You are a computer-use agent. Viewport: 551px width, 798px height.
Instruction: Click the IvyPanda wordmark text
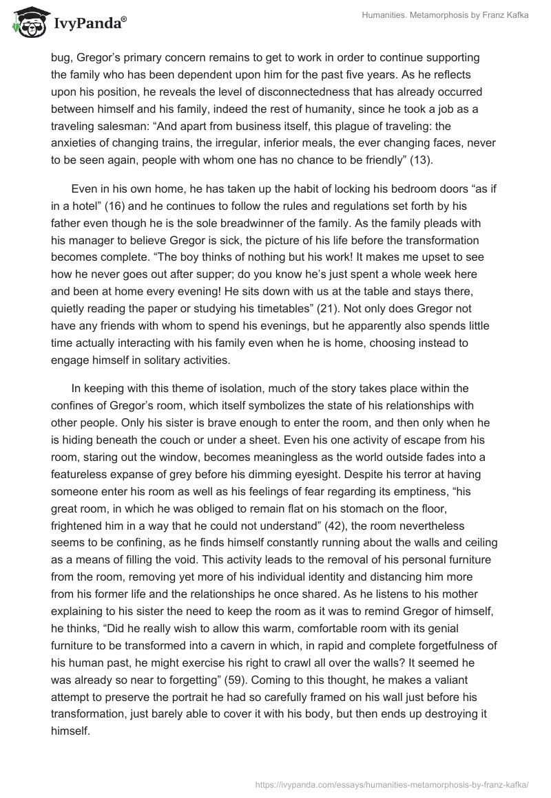tap(90, 24)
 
